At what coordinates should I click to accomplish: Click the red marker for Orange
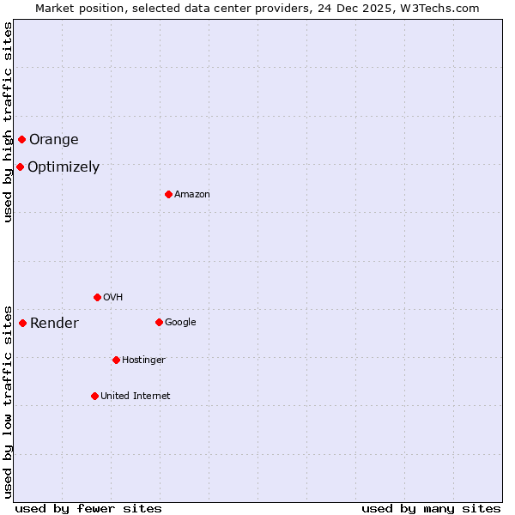[21, 139]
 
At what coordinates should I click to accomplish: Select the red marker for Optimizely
[20, 167]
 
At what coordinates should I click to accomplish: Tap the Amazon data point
[168, 194]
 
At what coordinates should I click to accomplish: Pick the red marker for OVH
[97, 297]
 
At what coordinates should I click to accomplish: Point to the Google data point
[159, 322]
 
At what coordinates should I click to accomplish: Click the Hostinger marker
[116, 360]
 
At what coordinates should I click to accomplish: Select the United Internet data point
[94, 396]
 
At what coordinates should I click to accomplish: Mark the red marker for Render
[22, 323]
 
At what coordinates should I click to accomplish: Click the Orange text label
[53, 140]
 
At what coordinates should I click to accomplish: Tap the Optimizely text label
[64, 167]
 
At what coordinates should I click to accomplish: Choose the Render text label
[54, 324]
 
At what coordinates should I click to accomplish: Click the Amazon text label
[192, 195]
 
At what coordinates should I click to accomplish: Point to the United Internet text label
[136, 397]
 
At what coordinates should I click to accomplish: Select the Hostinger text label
[143, 360]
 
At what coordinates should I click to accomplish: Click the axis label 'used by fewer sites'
[88, 508]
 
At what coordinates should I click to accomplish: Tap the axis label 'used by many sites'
[431, 508]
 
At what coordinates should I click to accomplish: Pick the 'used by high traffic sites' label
[9, 122]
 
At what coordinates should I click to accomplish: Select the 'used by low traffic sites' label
[9, 401]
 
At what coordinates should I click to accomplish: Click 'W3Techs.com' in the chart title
[441, 9]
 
